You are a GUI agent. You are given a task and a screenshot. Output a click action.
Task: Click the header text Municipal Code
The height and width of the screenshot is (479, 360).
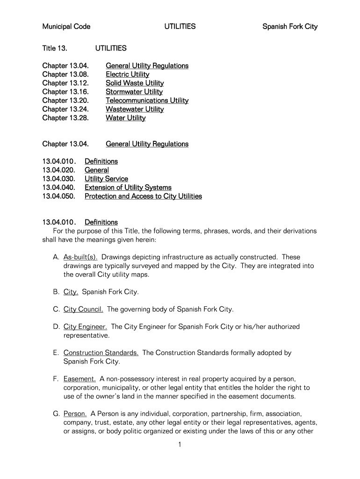[66, 27]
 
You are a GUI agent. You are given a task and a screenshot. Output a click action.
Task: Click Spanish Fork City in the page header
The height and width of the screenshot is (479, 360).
[290, 27]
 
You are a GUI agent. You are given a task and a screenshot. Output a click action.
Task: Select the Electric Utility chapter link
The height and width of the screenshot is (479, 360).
[127, 74]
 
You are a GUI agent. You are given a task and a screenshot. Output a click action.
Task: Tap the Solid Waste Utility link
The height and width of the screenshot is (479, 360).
[135, 83]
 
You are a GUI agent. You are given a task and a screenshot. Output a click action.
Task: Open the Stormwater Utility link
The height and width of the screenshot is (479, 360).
[134, 92]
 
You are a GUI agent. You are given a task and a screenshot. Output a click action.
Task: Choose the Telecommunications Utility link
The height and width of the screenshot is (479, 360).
[147, 101]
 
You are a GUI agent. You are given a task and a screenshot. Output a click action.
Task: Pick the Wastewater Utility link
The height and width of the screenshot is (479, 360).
[135, 109]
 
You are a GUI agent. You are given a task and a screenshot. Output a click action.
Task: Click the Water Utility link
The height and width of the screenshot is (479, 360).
[125, 118]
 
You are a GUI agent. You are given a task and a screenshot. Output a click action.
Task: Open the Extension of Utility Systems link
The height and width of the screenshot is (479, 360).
[128, 188]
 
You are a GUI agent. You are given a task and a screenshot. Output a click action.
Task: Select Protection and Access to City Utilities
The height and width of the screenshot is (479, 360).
[143, 196]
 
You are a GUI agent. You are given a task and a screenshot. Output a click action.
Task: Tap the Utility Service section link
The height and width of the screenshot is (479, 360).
[106, 179]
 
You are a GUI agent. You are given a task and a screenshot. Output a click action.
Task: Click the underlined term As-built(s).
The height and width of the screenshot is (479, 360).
[80, 257]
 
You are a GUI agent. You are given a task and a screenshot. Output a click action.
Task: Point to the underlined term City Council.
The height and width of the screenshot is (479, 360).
[83, 309]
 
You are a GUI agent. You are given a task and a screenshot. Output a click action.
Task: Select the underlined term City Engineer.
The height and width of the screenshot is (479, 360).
[85, 327]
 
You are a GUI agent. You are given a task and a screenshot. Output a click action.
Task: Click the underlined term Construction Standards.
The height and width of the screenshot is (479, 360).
[101, 353]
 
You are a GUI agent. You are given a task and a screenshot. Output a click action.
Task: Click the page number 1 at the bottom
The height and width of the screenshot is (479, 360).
[180, 445]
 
